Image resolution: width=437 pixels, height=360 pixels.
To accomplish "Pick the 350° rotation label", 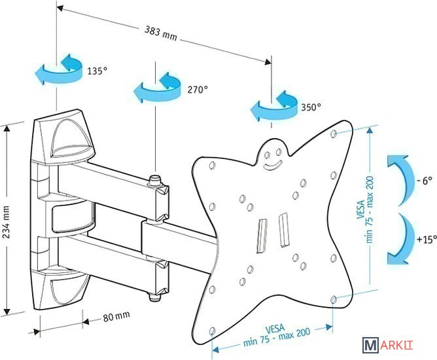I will pos(311,106).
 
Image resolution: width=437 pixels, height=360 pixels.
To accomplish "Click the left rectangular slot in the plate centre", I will pos(262,234).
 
